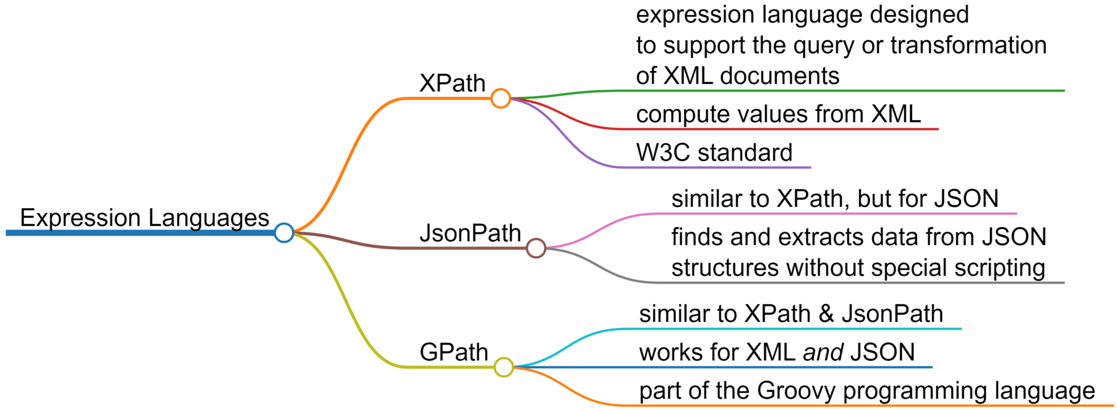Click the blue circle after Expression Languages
coord(284,232)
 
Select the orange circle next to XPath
coord(500,98)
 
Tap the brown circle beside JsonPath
coord(535,248)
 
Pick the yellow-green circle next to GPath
coord(503,367)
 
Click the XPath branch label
coord(452,83)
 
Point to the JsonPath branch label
coord(470,233)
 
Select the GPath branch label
coord(454,352)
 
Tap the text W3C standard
coord(714,153)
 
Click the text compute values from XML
coord(778,114)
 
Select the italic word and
coord(823,352)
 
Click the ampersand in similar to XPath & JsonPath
coord(826,314)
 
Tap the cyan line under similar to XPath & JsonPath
coord(790,329)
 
